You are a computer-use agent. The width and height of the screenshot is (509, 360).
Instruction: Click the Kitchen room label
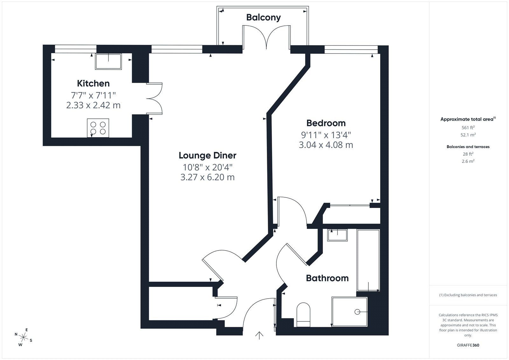93,83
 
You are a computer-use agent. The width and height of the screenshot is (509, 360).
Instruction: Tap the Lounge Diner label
207,156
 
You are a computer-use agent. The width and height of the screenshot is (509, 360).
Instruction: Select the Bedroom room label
326,123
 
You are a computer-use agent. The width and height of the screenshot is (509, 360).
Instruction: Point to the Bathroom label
327,278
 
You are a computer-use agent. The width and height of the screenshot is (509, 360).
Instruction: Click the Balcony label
263,18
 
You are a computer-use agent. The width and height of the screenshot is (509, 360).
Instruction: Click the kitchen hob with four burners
98,128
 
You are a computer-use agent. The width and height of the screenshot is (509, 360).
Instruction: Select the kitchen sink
108,62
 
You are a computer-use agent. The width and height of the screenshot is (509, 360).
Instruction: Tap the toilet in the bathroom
303,315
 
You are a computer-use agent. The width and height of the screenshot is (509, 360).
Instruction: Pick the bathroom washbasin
338,235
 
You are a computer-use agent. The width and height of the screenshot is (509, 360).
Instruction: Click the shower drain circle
357,312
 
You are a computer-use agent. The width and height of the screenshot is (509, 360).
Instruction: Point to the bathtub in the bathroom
368,260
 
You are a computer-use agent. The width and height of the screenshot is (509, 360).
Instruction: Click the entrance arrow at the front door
259,335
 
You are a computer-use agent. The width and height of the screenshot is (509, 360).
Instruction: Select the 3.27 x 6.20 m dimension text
207,177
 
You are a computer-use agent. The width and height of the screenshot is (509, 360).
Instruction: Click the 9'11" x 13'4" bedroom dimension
326,135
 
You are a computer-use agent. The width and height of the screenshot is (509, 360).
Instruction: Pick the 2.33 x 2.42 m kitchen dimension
93,105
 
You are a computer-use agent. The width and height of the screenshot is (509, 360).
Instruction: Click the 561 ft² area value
468,127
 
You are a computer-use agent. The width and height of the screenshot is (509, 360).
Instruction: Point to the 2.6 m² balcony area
468,161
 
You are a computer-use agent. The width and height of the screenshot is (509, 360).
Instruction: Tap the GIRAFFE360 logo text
468,345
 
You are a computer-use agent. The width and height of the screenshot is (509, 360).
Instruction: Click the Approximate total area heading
468,119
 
